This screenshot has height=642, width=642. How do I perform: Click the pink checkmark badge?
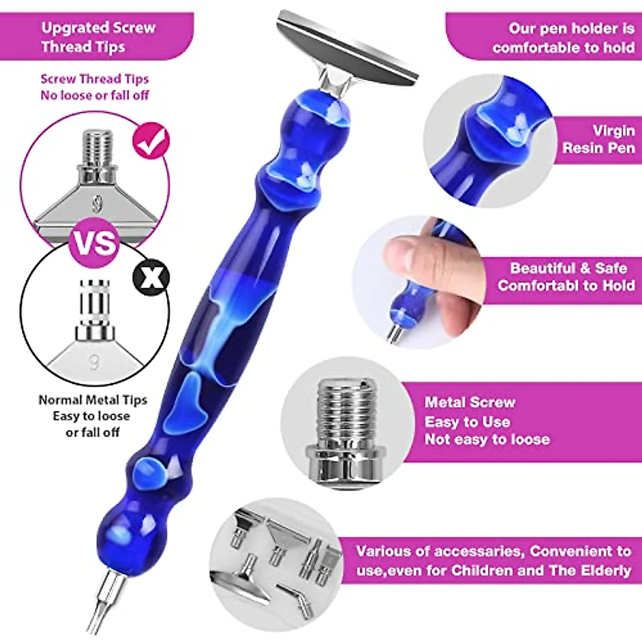click(x=151, y=141)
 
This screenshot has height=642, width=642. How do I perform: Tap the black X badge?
click(x=151, y=278)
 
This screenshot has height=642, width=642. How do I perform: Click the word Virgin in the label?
click(x=613, y=131)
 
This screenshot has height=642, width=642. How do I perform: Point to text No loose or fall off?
click(x=95, y=96)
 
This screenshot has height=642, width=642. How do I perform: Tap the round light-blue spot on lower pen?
click(x=147, y=472)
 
